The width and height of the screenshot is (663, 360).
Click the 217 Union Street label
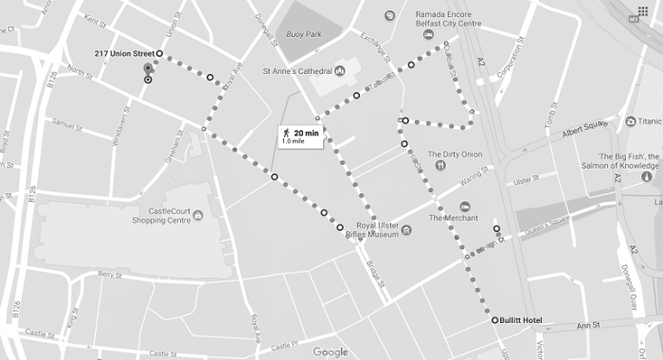(x=124, y=53)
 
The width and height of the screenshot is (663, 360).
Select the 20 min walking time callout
(x=300, y=136)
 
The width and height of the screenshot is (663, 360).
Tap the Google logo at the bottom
(x=331, y=352)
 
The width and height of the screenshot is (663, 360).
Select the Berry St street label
(x=112, y=276)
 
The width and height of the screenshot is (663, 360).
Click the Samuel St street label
(x=67, y=124)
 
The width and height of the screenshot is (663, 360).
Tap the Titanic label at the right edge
(x=649, y=121)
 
